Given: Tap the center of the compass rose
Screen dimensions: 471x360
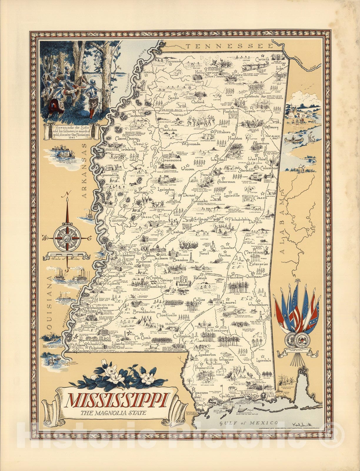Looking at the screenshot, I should [68, 237].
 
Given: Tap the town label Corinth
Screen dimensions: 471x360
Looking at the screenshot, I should [262, 59].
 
